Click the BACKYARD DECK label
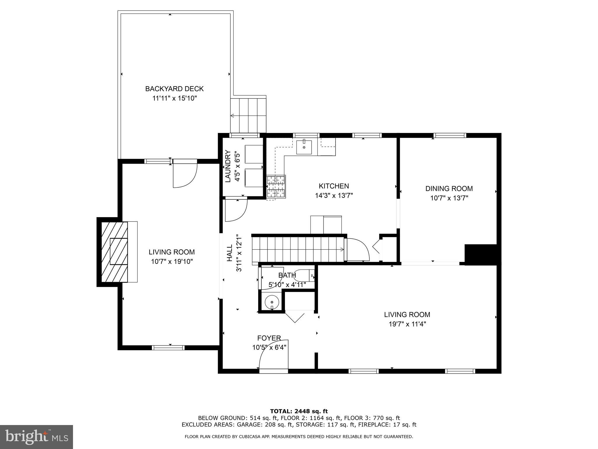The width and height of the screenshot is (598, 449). coord(174,89)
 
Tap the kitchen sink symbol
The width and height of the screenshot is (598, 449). coord(304,147)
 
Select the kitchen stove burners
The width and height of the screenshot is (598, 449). coord(276,187)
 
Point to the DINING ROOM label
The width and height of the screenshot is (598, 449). coord(449,189)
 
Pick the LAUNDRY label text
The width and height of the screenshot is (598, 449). coord(228,166)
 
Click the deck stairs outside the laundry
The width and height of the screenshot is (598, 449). coord(248,115)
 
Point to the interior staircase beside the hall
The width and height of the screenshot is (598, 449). coord(298,249)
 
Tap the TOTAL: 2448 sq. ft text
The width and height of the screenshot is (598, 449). coord(299,411)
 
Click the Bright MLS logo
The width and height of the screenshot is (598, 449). coord(36,437)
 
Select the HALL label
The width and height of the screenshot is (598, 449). coord(230,253)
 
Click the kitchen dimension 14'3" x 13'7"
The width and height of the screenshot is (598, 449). coord(334,196)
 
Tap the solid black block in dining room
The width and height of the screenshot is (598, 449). coord(480,255)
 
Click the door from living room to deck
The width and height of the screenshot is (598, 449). coord(185,174)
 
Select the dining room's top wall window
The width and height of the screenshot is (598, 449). coord(449,135)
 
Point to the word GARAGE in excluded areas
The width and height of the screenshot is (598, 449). coord(253,425)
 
